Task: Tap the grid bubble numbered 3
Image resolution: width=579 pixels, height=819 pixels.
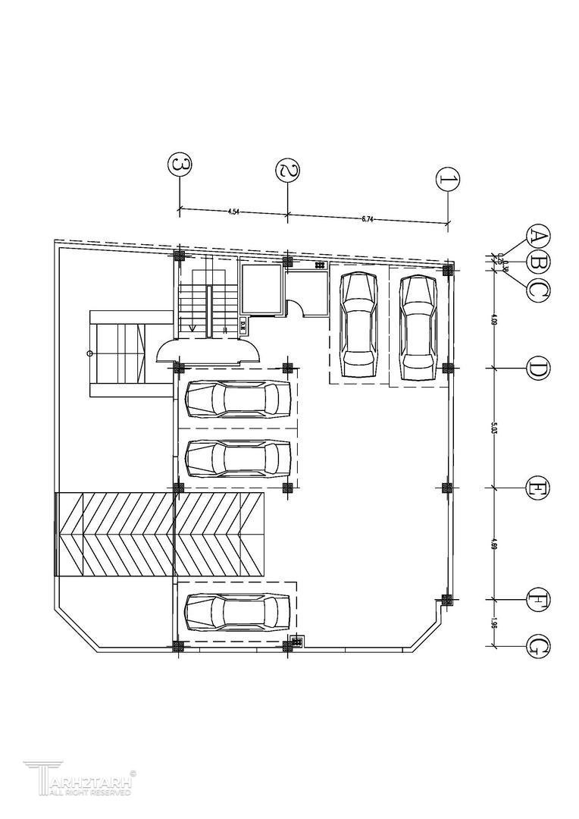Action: point(179,164)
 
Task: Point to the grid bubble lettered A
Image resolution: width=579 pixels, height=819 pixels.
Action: point(539,237)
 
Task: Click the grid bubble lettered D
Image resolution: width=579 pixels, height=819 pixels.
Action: point(539,369)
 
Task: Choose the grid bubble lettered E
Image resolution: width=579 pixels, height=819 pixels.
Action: point(539,487)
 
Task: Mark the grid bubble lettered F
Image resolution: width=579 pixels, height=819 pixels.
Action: point(539,600)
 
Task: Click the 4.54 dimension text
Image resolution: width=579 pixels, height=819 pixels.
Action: point(233,212)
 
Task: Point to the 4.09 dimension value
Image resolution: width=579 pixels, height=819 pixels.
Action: point(493,319)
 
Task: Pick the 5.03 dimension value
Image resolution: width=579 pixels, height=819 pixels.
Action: point(493,429)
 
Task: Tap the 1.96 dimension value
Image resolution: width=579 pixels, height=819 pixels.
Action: point(493,623)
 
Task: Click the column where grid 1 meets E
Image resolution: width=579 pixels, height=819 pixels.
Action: point(447,487)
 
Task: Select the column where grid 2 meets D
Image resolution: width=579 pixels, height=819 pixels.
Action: point(287,369)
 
